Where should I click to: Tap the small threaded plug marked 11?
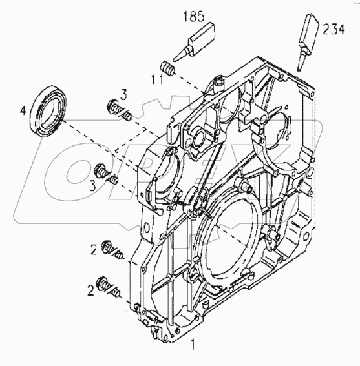[x=167, y=68]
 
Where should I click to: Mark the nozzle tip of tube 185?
[x=179, y=54]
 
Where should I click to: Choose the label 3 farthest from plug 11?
[x=94, y=185]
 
